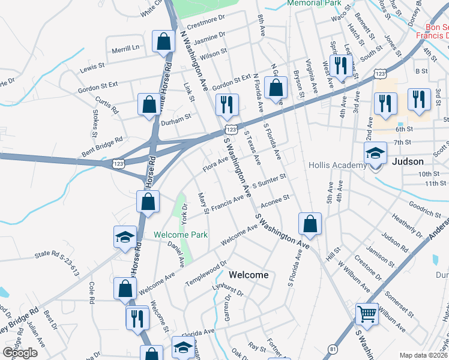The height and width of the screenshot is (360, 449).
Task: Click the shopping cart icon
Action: tap(367, 313)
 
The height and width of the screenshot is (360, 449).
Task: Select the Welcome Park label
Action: tap(180, 235)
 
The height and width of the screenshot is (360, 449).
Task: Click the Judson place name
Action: tap(408, 162)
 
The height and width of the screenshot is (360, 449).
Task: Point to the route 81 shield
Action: tap(334, 349)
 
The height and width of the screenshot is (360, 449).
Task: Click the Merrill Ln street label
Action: tap(125, 47)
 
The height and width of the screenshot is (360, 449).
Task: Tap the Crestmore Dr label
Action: tap(205, 25)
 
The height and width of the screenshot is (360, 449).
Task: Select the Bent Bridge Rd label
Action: tap(102, 146)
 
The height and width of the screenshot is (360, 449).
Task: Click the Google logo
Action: tap(20, 353)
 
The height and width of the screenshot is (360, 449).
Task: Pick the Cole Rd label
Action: tap(92, 292)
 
